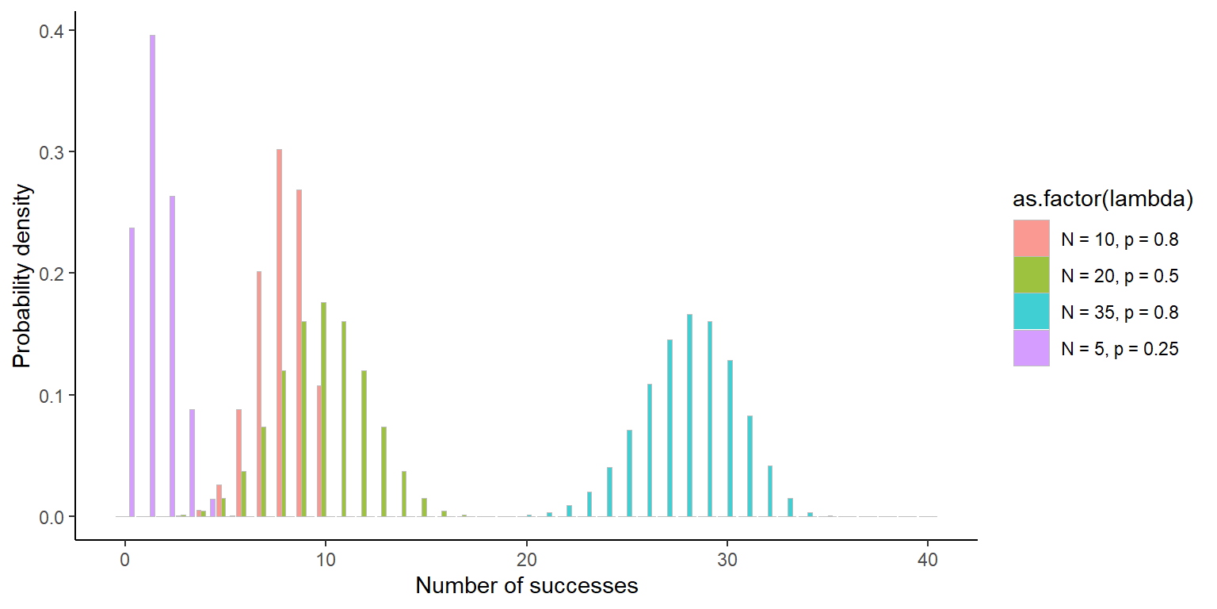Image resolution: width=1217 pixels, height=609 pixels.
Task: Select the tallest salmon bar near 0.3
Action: pos(279,333)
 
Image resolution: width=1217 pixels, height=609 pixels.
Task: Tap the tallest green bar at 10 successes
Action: pos(323,409)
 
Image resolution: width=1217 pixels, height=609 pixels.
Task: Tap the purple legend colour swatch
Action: pos(1031,348)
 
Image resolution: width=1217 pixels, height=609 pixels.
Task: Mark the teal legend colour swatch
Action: pos(1031,312)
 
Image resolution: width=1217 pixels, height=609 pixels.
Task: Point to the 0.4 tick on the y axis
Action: pos(53,31)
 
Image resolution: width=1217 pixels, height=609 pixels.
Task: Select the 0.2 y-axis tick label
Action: pos(53,274)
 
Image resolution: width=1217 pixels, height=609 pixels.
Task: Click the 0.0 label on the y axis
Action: pos(53,517)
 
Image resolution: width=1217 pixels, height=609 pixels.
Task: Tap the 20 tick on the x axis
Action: pos(527,560)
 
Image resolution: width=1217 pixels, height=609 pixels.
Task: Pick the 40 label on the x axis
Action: pos(928,560)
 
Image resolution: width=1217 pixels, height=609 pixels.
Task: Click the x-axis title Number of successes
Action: pos(526,587)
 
